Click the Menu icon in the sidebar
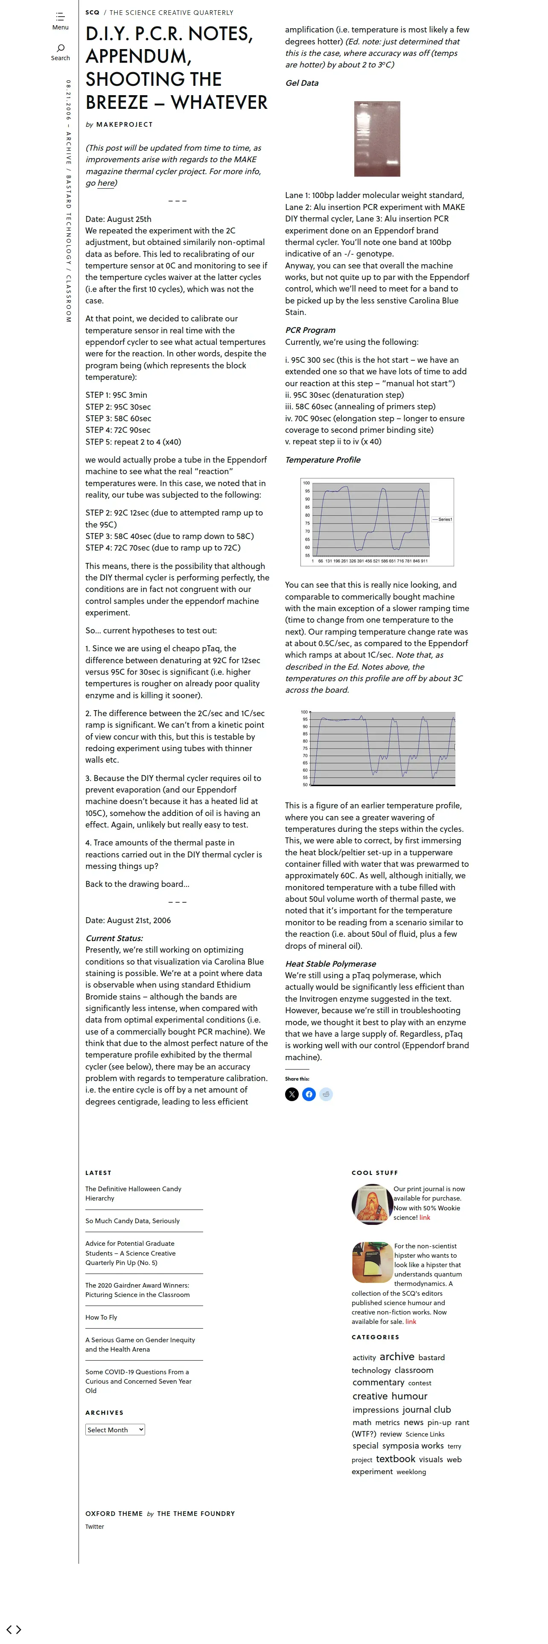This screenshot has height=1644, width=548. tap(60, 17)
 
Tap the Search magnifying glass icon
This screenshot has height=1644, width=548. tap(61, 48)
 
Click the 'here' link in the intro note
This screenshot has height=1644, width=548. tap(106, 183)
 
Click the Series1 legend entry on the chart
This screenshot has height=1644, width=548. tap(444, 519)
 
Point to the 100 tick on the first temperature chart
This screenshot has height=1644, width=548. tap(306, 483)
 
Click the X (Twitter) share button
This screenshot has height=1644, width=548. tap(291, 1095)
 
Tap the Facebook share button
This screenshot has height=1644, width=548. tap(309, 1095)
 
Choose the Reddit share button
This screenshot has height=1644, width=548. tap(326, 1095)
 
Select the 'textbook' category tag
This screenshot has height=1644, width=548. tap(396, 1459)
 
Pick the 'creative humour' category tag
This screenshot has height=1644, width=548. tap(390, 1396)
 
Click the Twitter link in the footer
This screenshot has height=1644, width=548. tap(94, 1527)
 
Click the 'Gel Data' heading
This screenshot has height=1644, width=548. tap(302, 83)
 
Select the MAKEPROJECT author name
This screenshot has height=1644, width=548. tap(124, 125)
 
